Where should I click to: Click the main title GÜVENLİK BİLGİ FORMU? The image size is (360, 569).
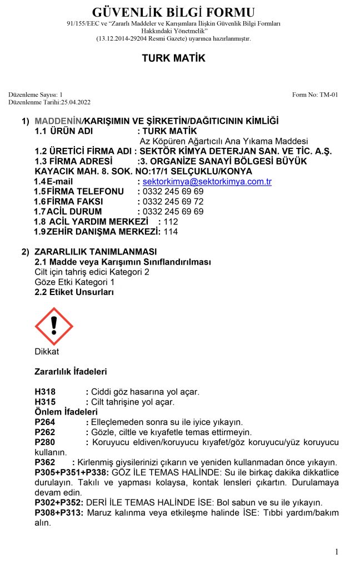tap(174, 12)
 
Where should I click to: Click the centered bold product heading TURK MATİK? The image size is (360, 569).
tap(173, 58)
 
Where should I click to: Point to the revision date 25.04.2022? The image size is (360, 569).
tap(72, 102)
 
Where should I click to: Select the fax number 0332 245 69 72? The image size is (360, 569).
tap(173, 201)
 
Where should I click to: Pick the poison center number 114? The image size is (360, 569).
tap(171, 231)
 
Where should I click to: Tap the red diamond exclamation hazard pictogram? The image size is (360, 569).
tap(54, 326)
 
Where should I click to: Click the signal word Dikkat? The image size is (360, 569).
tap(47, 351)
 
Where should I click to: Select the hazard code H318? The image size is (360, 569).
tap(45, 392)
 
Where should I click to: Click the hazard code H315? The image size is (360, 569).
tap(45, 402)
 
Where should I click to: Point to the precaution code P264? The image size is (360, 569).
tap(45, 422)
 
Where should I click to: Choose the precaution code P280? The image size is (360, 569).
tap(45, 442)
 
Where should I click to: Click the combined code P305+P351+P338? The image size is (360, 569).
tap(72, 472)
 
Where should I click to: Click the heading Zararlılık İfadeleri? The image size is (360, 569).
tap(71, 371)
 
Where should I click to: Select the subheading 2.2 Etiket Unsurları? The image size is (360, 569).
tap(74, 292)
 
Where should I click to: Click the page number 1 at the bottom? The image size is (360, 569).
tap(337, 551)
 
